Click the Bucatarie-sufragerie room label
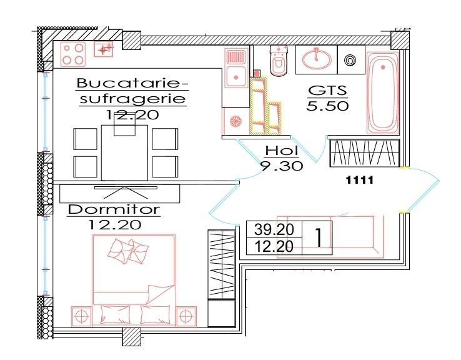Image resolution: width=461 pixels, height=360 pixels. coord(132,91)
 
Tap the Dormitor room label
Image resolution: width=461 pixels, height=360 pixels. coord(114,209)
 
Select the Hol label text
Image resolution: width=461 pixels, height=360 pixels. coord(282,151)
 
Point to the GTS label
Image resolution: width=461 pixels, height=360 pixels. coord(326,90)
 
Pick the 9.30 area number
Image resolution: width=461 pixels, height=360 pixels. coord(282,166)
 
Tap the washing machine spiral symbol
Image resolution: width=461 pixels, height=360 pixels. coord(350,61)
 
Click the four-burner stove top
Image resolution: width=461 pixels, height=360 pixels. coord(74,54)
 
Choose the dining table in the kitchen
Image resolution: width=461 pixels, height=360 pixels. coord(125,152)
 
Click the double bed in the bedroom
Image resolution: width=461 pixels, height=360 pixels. coord(134,278)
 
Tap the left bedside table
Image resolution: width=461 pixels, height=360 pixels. coord(82,316)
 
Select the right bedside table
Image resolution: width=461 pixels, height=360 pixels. coord(186,316)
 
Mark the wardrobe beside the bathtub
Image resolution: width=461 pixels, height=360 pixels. coord(364,152)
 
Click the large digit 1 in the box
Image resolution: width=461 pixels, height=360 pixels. coord(319,238)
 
